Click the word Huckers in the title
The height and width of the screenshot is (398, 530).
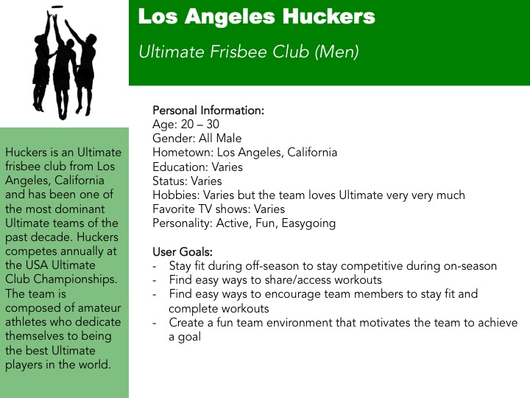(x=329, y=16)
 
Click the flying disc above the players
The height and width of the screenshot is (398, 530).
(x=57, y=7)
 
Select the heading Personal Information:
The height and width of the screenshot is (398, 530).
(x=208, y=111)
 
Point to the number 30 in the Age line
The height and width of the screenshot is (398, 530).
(x=213, y=125)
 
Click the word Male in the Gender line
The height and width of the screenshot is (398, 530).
(x=229, y=138)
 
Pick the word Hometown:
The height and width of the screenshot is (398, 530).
(x=183, y=153)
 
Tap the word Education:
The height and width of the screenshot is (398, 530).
(x=180, y=167)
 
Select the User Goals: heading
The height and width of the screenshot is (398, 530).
(x=183, y=252)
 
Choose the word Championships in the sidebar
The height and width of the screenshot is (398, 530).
(x=75, y=279)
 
